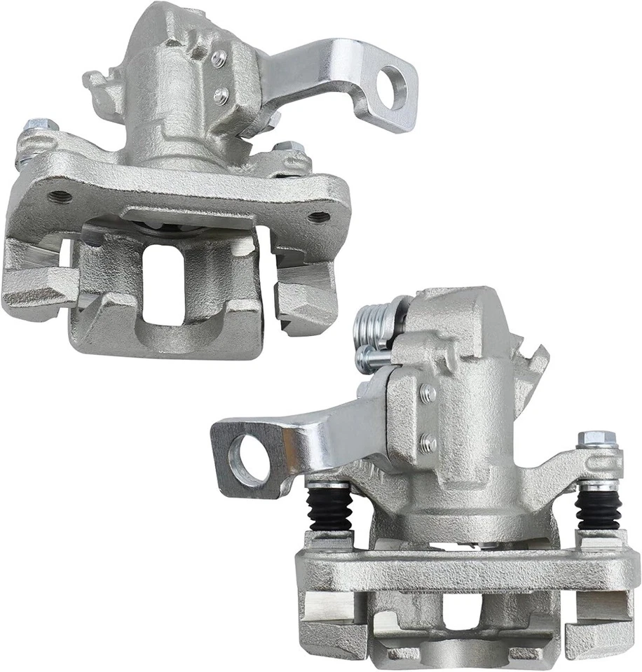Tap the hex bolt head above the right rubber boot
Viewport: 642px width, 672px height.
point(596,440)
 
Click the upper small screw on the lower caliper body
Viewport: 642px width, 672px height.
point(427,394)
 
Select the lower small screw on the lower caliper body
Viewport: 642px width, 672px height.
point(428,443)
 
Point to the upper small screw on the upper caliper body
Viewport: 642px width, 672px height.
point(219,59)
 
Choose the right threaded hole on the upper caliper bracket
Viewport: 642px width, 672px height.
point(320,217)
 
